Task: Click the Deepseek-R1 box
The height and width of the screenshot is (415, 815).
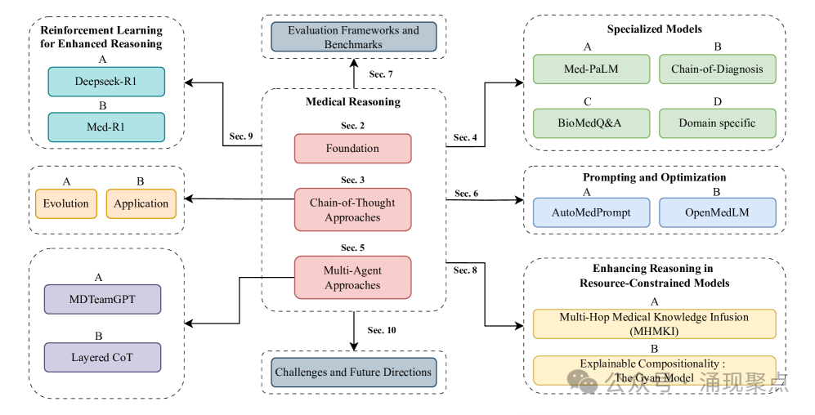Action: click(x=106, y=82)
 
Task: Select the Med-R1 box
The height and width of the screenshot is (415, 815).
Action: click(x=106, y=127)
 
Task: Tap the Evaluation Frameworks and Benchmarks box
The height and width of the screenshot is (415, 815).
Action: click(x=353, y=37)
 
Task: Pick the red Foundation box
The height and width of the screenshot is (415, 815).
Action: click(x=352, y=149)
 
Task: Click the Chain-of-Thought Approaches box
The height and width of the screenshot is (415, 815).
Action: click(x=352, y=210)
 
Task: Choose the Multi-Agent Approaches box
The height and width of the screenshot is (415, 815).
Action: click(x=352, y=278)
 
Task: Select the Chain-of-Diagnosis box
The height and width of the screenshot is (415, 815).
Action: click(x=716, y=69)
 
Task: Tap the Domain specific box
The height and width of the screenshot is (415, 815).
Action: click(x=716, y=123)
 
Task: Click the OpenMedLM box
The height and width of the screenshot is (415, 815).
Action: click(x=717, y=212)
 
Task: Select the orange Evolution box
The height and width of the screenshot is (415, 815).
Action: click(x=66, y=203)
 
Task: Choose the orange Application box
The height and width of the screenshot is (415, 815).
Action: click(x=141, y=203)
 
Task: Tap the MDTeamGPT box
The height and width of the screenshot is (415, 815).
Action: click(x=103, y=299)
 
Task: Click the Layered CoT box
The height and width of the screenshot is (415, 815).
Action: click(x=103, y=357)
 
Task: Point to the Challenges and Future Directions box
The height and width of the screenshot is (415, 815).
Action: click(x=353, y=372)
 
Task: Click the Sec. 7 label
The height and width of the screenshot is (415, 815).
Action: click(x=381, y=74)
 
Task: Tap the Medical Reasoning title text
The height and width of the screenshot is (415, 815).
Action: click(x=353, y=102)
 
